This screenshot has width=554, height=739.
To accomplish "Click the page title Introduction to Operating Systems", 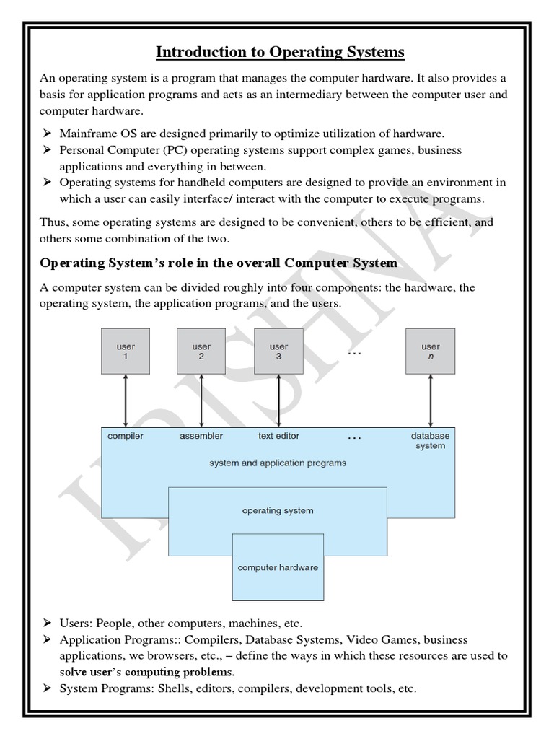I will click(x=280, y=53).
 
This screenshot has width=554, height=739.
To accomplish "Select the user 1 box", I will click(x=126, y=351).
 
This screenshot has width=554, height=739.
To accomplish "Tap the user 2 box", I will click(x=201, y=351).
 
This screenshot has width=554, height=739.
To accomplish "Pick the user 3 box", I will click(x=278, y=351).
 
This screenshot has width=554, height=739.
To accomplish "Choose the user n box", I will click(x=431, y=351).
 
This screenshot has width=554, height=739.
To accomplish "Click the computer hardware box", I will click(x=278, y=567).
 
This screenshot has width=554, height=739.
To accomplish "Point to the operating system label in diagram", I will click(x=278, y=511).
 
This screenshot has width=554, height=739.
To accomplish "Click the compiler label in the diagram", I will click(x=126, y=436).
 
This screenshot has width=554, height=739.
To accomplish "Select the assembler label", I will click(x=201, y=436).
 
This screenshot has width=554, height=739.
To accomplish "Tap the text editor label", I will click(x=278, y=436).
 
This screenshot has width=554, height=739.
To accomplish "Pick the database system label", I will click(x=430, y=441).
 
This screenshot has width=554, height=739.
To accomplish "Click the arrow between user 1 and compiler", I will click(x=126, y=401).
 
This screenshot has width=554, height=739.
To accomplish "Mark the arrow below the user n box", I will click(x=431, y=401).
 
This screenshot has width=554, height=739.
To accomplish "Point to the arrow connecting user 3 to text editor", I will click(x=278, y=401).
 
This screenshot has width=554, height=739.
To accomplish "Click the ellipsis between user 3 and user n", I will click(x=354, y=354).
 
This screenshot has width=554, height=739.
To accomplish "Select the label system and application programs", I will click(x=278, y=463).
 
